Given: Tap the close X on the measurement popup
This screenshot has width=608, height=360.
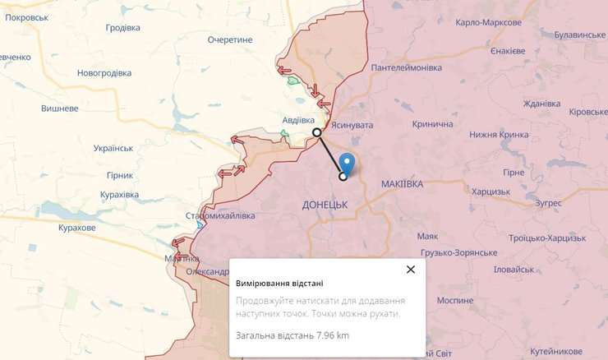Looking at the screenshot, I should (x=411, y=269).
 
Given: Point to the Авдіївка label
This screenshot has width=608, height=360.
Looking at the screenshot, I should (x=298, y=120).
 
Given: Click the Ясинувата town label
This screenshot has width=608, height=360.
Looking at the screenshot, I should (x=352, y=125).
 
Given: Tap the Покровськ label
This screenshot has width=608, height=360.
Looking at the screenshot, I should (x=26, y=16).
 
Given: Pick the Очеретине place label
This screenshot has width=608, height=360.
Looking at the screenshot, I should (x=230, y=39).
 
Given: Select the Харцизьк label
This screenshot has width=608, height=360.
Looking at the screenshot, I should (x=491, y=192).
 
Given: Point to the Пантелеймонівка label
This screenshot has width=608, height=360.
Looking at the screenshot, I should (x=407, y=67).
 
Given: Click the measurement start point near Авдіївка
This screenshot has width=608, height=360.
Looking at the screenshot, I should (x=317, y=132).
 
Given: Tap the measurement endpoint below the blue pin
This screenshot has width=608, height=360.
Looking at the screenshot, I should (x=343, y=175).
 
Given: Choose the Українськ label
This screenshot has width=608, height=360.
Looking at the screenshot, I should (x=113, y=148).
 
